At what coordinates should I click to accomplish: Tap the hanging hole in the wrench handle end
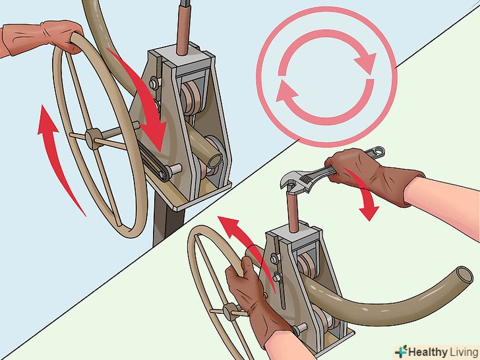[x=379, y=150]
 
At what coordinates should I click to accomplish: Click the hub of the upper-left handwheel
[x=94, y=138]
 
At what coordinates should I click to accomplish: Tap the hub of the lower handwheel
[x=231, y=312]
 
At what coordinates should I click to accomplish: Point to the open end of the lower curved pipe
[x=464, y=274]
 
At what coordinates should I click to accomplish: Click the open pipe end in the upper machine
[x=215, y=160]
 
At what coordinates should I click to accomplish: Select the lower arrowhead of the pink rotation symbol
[x=286, y=92]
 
